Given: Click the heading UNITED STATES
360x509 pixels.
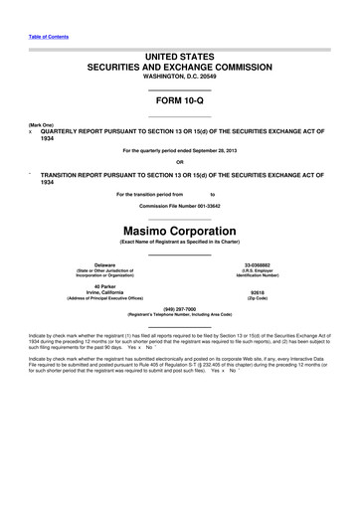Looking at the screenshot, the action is click(x=179, y=60).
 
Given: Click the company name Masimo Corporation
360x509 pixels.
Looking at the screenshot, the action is click(x=179, y=231).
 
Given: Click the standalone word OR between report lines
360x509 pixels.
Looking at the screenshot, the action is click(x=179, y=162).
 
